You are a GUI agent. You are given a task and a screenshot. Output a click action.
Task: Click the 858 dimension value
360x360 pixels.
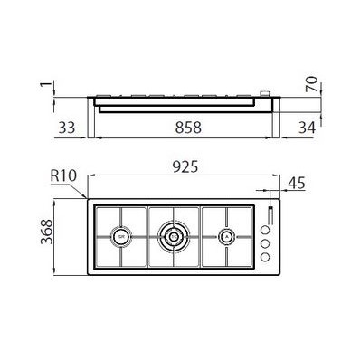point(188,128)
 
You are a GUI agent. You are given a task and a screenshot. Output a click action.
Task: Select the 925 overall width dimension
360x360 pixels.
point(185,166)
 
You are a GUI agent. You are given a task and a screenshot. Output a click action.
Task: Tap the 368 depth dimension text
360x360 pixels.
point(47,232)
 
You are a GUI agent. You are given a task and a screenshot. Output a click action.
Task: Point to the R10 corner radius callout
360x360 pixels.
point(63,176)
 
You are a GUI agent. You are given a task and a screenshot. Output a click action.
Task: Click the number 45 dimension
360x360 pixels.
point(297,183)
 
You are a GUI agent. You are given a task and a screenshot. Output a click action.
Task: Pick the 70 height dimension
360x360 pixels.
point(311,84)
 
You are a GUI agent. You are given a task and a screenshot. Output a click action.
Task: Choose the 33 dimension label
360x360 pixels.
point(67,128)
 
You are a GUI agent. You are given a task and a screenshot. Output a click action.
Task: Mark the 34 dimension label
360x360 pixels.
point(308,128)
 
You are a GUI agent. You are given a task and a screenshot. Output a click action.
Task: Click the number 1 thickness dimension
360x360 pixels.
point(46,84)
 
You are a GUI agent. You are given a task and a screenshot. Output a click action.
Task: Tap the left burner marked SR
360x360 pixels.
point(121,237)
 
